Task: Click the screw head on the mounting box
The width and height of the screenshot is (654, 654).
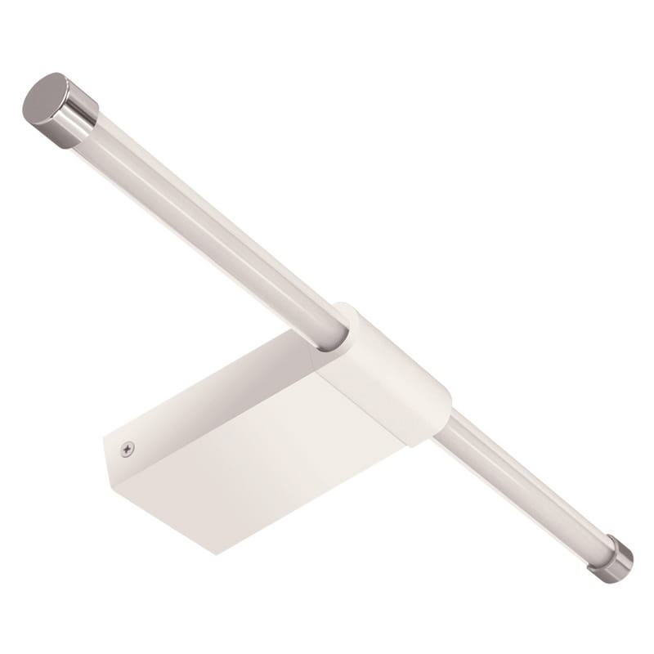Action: (127, 448)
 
